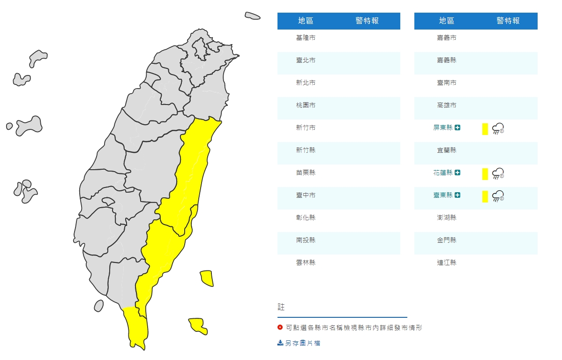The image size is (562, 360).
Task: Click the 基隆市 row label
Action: (x=306, y=37)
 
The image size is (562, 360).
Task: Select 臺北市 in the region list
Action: (x=306, y=60)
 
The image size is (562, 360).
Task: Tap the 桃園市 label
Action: (x=306, y=105)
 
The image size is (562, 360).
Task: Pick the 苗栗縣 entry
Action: (x=306, y=172)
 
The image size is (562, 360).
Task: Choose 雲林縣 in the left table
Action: (x=306, y=262)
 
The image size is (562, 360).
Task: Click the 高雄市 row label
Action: (x=446, y=105)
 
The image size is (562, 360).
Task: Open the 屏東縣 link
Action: (x=443, y=127)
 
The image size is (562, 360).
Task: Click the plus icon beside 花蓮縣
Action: (x=457, y=172)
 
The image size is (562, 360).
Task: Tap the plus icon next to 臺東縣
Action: (x=457, y=195)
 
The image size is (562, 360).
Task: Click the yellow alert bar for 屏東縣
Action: (x=485, y=129)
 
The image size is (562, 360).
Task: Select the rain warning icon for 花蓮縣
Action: (x=498, y=174)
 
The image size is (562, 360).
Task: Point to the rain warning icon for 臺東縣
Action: (x=498, y=196)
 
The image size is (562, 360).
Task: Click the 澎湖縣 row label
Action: (x=446, y=217)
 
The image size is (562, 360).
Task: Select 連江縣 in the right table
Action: (x=446, y=262)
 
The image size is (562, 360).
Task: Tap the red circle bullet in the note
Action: (x=280, y=328)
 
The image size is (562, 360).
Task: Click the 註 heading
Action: (x=281, y=307)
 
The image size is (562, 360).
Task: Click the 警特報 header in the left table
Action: (x=367, y=21)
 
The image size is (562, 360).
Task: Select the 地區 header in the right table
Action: (x=446, y=21)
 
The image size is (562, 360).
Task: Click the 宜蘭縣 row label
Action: (x=446, y=150)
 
